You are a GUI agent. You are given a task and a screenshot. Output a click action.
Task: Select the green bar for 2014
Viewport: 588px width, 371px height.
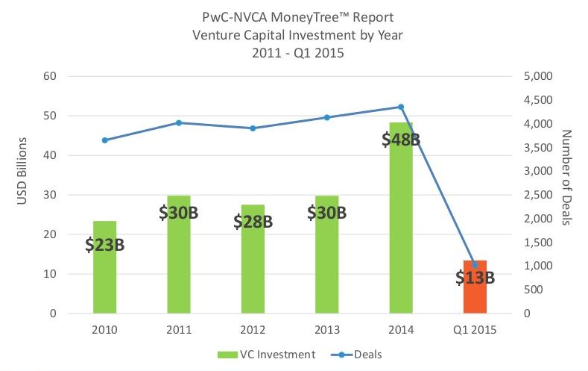(x=400, y=224)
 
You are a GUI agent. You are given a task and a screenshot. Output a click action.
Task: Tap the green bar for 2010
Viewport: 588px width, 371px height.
(x=104, y=276)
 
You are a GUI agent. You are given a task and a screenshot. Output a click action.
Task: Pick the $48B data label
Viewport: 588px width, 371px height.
(x=401, y=139)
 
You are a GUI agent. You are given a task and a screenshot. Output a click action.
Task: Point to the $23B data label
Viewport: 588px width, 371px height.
(x=104, y=244)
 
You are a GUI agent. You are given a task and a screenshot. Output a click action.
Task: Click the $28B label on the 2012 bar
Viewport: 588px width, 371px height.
(x=253, y=222)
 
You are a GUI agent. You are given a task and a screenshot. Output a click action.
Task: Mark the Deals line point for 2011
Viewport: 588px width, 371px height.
(x=179, y=122)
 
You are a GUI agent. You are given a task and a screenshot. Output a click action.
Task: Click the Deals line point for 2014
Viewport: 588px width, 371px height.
(x=401, y=107)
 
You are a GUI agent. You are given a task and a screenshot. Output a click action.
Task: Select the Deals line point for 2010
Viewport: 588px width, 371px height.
(x=105, y=140)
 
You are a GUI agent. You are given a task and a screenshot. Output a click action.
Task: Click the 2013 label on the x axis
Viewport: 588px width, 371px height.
(x=326, y=329)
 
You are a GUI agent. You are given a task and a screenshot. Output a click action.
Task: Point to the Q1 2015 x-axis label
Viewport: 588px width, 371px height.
(x=475, y=329)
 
